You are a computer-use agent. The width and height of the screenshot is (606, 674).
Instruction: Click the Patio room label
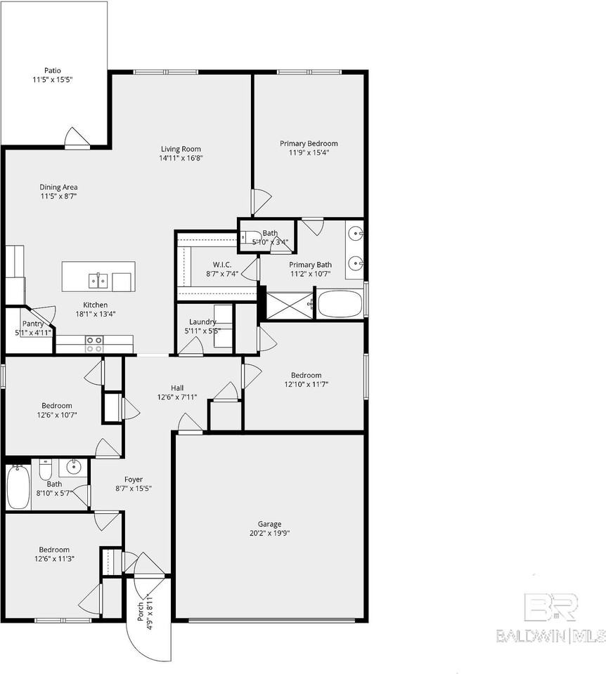pos(53,70)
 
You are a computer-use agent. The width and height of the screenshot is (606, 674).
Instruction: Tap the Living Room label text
pos(181,149)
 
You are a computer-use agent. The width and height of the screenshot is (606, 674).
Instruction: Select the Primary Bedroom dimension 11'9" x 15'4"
pos(309,152)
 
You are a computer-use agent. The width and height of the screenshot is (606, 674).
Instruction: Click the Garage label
pos(269,524)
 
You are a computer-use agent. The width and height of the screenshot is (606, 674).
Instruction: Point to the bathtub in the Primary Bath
pos(340,305)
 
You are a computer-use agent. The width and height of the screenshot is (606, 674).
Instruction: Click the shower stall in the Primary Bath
pos(290,304)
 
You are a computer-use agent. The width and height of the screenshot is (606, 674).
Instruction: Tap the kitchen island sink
pos(98,281)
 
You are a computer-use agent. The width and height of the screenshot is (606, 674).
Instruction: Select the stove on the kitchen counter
pos(94,344)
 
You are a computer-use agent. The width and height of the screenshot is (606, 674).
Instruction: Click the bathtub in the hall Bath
pos(18,487)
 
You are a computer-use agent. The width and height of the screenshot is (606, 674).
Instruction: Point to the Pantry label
pos(32,324)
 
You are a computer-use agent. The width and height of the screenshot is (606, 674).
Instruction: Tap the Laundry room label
pos(202,322)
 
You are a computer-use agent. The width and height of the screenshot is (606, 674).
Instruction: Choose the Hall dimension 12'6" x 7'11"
pos(177,397)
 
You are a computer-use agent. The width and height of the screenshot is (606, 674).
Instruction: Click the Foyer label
pos(134,480)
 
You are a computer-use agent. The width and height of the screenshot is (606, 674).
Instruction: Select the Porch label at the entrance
pos(140,607)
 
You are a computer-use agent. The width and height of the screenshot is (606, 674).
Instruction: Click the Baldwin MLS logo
pos(550,619)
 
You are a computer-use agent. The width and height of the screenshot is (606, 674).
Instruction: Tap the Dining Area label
pos(58,187)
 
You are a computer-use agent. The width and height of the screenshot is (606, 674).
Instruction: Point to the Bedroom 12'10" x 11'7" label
pos(307,376)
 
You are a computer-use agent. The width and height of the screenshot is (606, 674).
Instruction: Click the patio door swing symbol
pos(77,138)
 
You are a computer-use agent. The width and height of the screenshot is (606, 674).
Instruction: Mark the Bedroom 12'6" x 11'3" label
pos(54,550)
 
